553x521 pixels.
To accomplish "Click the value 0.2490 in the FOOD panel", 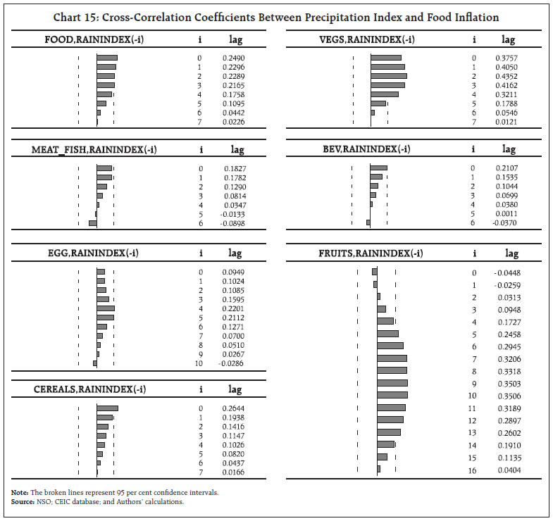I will point(232,58).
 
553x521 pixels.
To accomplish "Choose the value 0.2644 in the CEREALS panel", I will point(232,408).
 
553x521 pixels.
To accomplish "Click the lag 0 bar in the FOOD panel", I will point(107,58).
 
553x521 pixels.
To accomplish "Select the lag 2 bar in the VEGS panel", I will point(389,76).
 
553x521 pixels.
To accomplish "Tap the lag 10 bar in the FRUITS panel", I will point(392,396).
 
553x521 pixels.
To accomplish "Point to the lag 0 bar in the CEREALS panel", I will point(107,408).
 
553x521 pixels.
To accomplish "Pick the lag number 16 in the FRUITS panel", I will point(473,470).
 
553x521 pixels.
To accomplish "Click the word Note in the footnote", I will point(18,492).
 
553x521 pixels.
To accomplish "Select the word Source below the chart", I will point(21,501).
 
